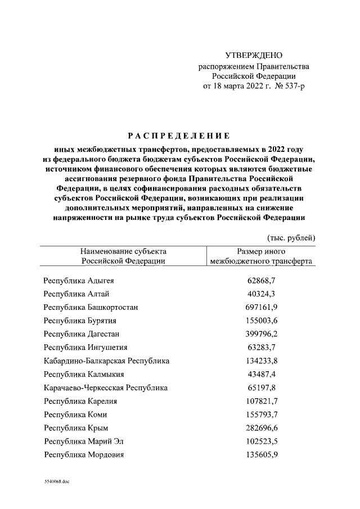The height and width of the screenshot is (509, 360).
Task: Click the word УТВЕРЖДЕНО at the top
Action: click(253, 56)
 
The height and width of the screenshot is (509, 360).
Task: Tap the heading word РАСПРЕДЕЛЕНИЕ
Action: click(178, 136)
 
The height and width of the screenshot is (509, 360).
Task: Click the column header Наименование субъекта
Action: click(123, 251)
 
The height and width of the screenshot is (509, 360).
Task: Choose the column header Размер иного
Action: click(262, 251)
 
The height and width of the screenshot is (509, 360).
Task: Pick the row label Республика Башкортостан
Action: click(91, 307)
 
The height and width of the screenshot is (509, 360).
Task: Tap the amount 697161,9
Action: click(261, 307)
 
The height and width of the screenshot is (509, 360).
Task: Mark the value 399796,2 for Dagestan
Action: click(261, 334)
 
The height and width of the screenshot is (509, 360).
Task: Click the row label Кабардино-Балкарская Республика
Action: click(106, 361)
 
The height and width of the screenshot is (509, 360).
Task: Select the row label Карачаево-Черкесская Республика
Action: click(106, 388)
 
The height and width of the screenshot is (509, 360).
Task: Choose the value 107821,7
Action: click(261, 401)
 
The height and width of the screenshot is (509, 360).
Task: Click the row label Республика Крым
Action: click(76, 428)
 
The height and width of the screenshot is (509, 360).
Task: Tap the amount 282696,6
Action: click(261, 428)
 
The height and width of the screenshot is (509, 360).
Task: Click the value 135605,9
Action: click(261, 455)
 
